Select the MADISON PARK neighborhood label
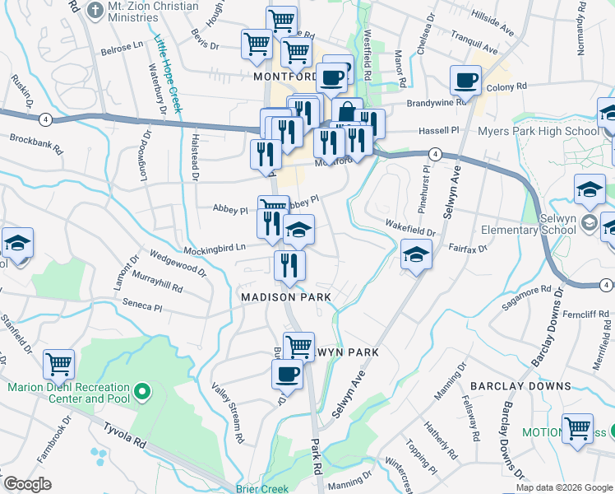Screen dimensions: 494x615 [285, 296]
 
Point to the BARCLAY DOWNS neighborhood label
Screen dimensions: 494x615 [520, 385]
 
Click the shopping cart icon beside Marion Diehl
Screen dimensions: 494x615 [59, 363]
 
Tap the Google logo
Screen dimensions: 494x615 [27, 485]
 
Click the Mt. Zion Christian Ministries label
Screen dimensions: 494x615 [153, 12]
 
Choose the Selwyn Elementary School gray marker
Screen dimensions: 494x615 [590, 222]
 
